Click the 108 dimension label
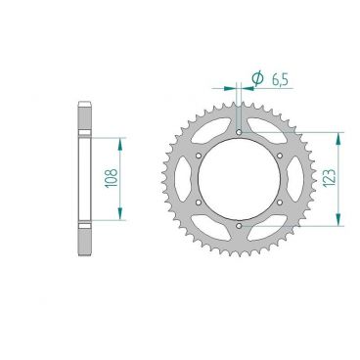coord(112,178)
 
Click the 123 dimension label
coord(330,178)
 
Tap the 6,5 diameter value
coord(280,79)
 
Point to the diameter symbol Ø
coord(258,78)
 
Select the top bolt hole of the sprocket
coord(239,132)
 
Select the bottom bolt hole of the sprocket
coord(239,226)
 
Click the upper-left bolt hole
coord(199,156)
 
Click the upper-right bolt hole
coord(280,156)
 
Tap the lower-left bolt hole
coord(199,202)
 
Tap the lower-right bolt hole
coord(280,202)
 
